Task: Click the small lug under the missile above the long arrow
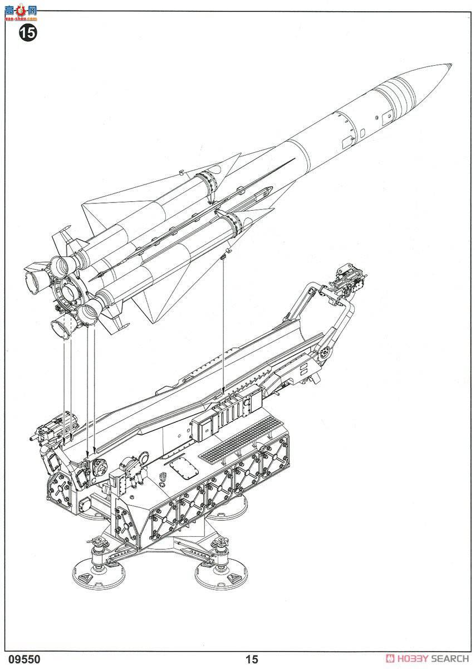(223, 256)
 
